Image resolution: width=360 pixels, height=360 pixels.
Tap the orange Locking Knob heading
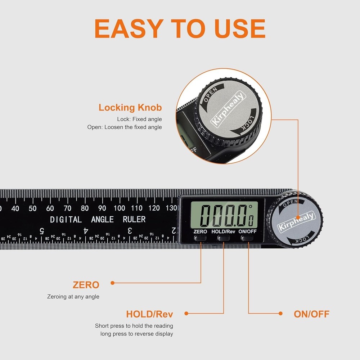130,108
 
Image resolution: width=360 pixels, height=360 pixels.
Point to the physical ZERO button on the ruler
200,238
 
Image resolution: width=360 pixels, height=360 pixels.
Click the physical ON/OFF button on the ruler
247,238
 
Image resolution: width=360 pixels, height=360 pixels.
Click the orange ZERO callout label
86,285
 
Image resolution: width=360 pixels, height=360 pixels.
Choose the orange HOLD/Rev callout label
149,314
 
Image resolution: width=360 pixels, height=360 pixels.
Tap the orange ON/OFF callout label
311,314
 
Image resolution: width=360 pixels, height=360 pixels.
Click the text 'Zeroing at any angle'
73,297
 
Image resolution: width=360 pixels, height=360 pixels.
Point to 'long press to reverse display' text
137,334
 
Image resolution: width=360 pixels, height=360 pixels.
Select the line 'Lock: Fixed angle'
139,119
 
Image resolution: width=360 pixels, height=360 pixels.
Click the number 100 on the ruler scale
120,208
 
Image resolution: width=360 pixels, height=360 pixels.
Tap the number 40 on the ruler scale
15,208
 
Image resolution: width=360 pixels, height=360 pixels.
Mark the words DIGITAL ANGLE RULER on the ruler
98,219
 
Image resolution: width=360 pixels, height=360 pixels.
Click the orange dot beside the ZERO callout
112,283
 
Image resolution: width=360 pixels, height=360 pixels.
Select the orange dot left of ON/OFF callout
281,314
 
